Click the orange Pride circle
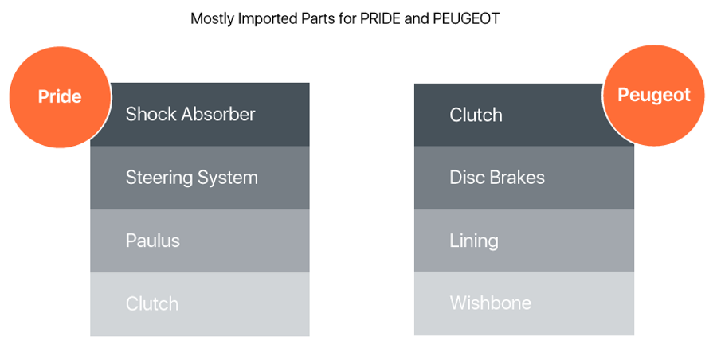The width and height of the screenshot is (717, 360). [x=61, y=96]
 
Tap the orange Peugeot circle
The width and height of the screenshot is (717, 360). [x=653, y=95]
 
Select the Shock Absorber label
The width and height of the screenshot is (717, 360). [x=190, y=115]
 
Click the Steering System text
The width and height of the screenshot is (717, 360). [x=191, y=178]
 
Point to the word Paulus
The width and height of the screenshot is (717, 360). [x=153, y=241]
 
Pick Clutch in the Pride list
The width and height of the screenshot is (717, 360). [x=152, y=303]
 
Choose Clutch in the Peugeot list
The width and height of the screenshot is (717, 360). [x=476, y=115]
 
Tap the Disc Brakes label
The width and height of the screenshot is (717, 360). [x=497, y=178]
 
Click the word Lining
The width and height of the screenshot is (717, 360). [x=474, y=241]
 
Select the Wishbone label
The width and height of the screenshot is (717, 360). [x=490, y=303]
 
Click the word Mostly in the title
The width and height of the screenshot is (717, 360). [x=213, y=19]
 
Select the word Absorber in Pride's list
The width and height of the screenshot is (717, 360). [x=218, y=115]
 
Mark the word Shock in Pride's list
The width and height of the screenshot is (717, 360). [x=151, y=115]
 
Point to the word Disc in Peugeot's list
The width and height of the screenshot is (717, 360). [x=467, y=178]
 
